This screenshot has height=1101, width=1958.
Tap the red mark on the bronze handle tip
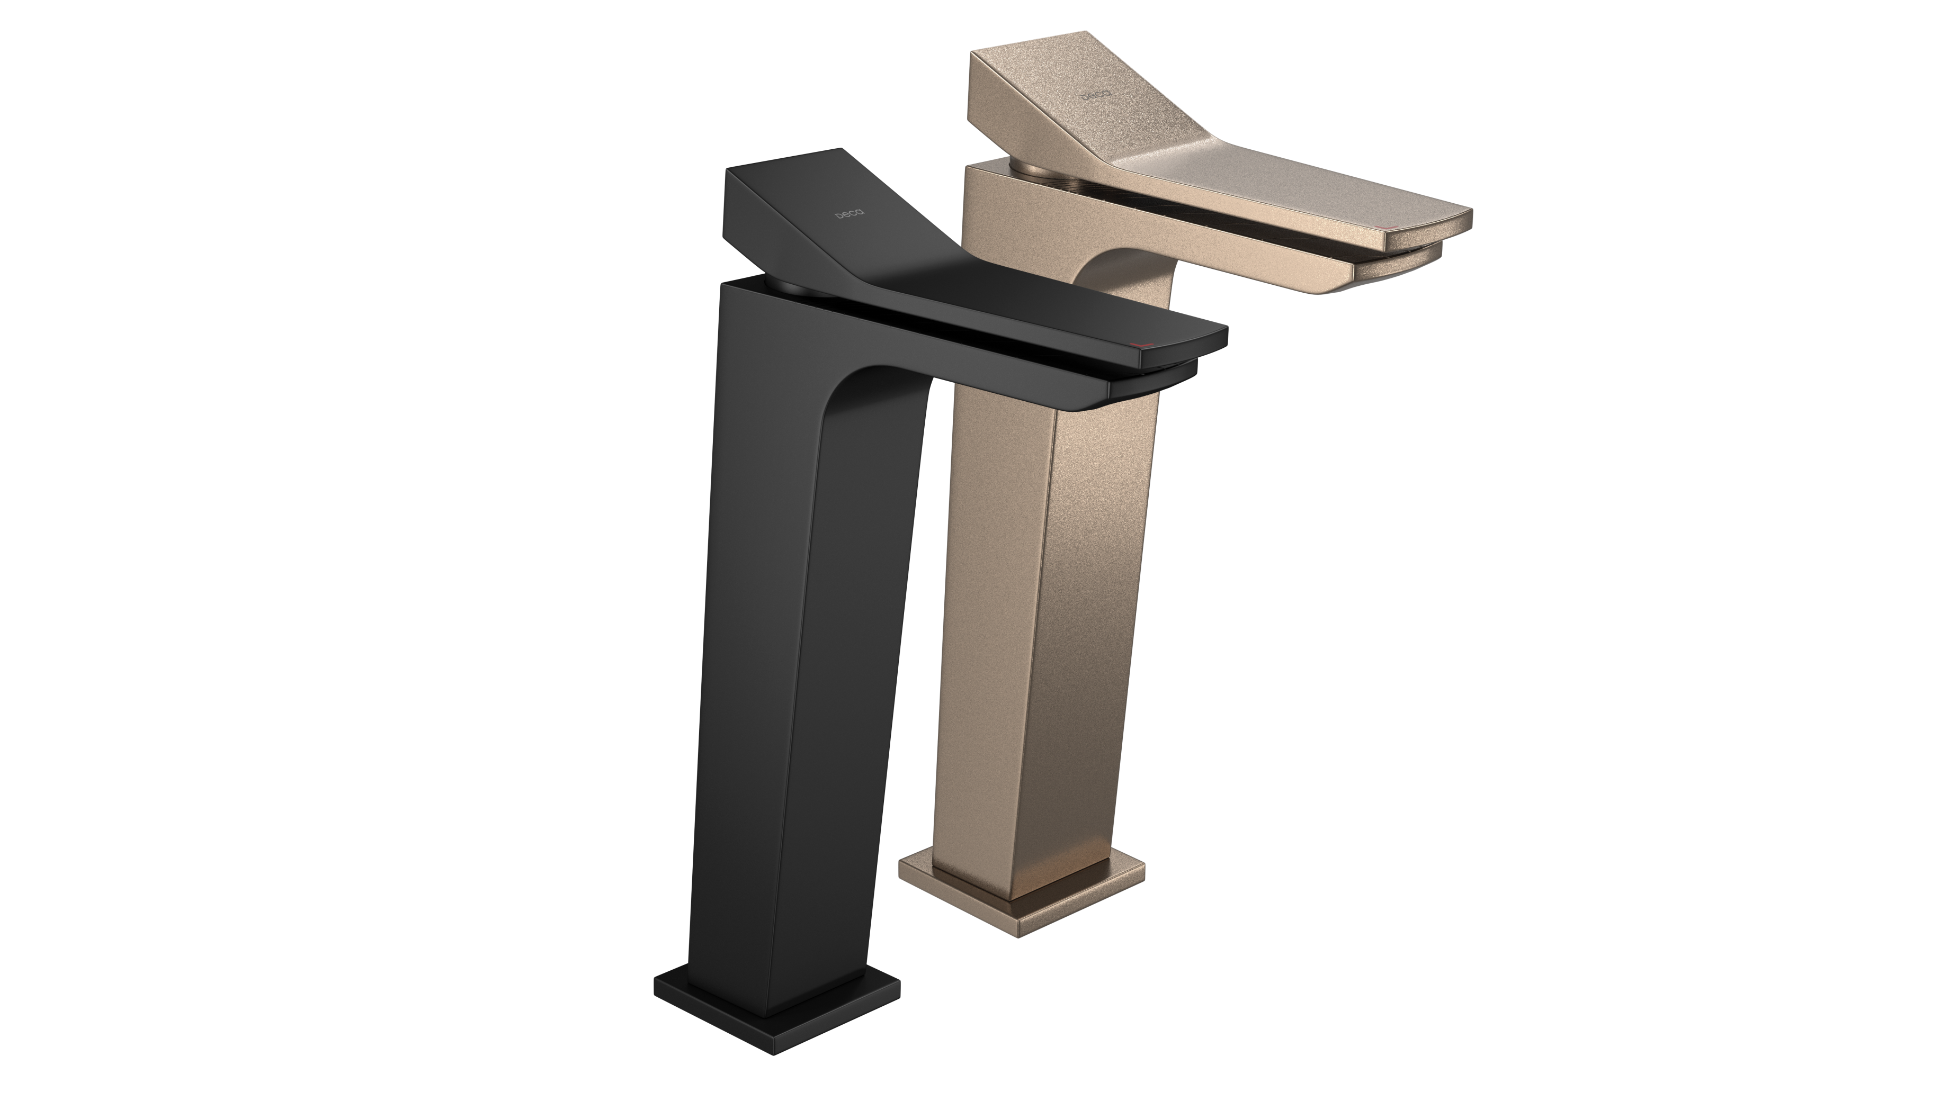click(x=1389, y=227)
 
